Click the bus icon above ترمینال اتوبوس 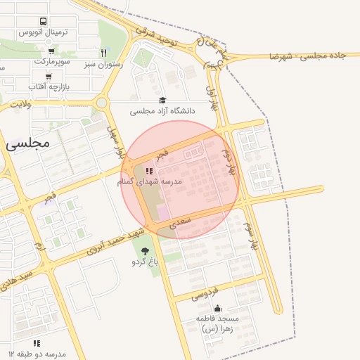click(x=44, y=22)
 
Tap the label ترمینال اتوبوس click(x=44, y=33)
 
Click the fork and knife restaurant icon click(x=103, y=53)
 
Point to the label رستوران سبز click(x=103, y=64)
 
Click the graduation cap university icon click(x=163, y=101)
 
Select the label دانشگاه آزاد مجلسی click(x=162, y=111)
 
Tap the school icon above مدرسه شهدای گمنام click(x=148, y=171)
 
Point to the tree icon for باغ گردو click(x=146, y=251)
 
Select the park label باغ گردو click(x=146, y=262)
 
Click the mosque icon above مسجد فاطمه click(x=217, y=308)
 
